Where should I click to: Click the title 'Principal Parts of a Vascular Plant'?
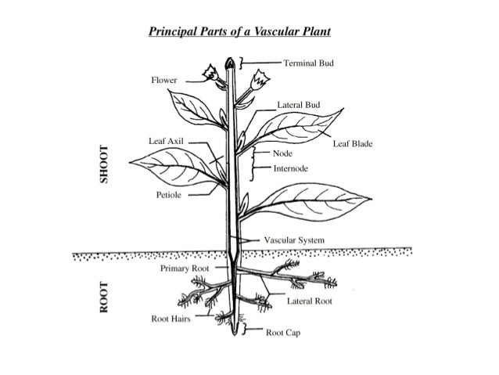(x=240, y=32)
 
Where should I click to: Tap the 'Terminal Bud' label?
(x=309, y=62)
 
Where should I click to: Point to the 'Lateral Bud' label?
(x=299, y=103)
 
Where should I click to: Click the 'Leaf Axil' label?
(x=166, y=140)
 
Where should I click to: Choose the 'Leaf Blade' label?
(x=353, y=144)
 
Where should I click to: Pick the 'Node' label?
(x=282, y=153)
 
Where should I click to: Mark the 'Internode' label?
(x=291, y=168)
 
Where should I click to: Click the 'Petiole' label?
(x=170, y=193)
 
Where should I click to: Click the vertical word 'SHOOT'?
(x=99, y=165)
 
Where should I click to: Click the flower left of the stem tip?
(x=210, y=74)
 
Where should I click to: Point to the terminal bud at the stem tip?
(x=231, y=62)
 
